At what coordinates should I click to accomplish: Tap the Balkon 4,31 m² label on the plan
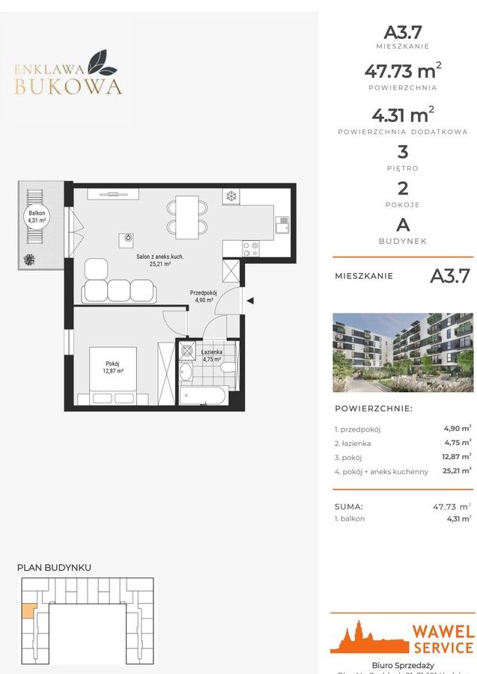(x=37, y=217)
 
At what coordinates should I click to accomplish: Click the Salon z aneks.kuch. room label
(x=159, y=260)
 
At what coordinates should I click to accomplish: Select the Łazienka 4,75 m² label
(x=211, y=355)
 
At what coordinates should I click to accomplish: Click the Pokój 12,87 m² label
(x=113, y=367)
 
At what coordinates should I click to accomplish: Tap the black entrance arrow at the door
(x=251, y=301)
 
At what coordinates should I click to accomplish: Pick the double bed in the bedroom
(x=113, y=375)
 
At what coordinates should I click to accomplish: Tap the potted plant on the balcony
(x=29, y=260)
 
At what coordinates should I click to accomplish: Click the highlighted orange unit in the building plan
(x=26, y=610)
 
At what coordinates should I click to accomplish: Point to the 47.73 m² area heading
(x=403, y=72)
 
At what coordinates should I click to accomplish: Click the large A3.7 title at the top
(x=403, y=32)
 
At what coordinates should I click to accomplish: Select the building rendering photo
(x=402, y=352)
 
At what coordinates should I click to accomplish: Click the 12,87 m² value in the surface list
(x=456, y=456)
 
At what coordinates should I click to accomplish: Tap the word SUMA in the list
(x=348, y=506)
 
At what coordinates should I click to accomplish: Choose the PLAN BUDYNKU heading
(x=54, y=568)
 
